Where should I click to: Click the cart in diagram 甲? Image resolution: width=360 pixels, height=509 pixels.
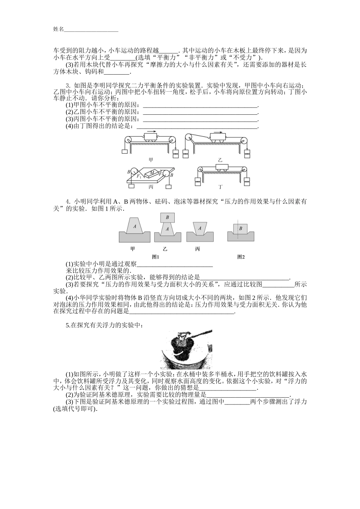pos(151,136)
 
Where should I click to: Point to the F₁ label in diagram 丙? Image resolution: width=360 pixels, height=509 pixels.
pos(139,176)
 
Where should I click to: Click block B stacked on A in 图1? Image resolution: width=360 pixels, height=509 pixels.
pos(167,217)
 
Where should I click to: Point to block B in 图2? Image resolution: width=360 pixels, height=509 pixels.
pos(240,229)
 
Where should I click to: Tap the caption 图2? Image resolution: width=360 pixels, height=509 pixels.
pos(241,257)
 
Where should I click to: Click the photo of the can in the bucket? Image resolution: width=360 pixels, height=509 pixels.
pos(185,349)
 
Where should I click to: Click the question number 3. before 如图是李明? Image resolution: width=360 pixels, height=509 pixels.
pos(68,86)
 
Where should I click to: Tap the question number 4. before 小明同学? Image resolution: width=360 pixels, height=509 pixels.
pos(68,201)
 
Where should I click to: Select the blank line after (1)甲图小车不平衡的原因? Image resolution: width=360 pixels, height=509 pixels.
pos(200,105)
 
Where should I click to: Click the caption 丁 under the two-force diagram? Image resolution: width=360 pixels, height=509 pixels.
pos(221,187)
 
